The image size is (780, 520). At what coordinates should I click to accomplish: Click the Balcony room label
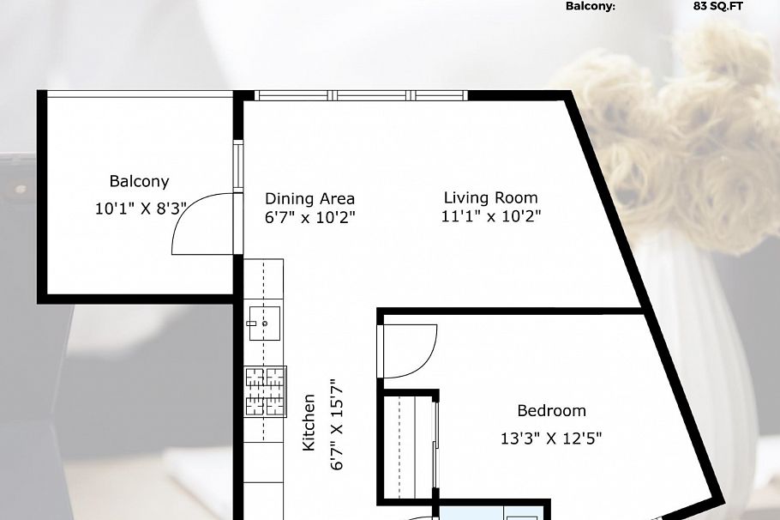point(139,182)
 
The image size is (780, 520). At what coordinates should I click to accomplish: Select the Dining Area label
point(309,199)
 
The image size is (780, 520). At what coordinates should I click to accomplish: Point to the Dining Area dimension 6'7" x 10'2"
point(309,218)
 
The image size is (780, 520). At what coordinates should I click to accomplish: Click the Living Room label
point(490,198)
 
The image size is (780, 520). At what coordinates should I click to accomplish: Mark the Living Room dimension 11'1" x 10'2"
point(490,217)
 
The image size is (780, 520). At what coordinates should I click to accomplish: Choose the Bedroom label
point(551,411)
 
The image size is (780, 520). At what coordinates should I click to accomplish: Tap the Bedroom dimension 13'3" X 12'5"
point(551,438)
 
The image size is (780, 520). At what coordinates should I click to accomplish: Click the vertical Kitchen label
point(309,422)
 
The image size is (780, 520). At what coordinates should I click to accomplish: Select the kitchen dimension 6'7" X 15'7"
point(336,425)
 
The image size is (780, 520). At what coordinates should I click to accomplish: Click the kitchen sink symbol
point(264,323)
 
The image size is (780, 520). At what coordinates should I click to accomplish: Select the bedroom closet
point(410,446)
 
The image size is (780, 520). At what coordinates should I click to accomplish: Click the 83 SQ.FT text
point(718,6)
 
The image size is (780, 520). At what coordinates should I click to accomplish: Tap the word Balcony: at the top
point(590,6)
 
